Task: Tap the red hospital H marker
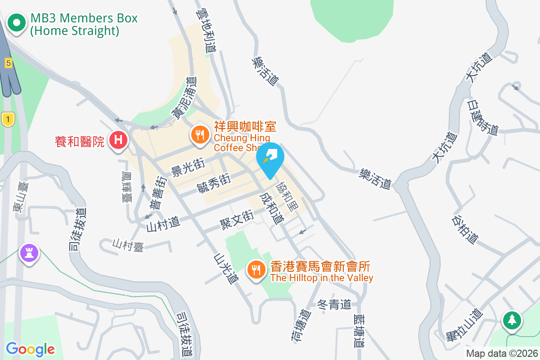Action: (x=118, y=140)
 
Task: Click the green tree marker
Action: (x=512, y=320)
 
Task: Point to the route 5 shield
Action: (x=8, y=63)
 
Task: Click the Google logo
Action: (x=30, y=349)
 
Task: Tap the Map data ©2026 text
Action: (x=501, y=354)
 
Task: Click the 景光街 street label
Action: (x=188, y=167)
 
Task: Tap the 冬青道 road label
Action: (x=334, y=305)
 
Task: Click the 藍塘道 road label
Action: (x=359, y=331)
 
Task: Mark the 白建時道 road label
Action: (x=482, y=118)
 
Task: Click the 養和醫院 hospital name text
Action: (x=80, y=142)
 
